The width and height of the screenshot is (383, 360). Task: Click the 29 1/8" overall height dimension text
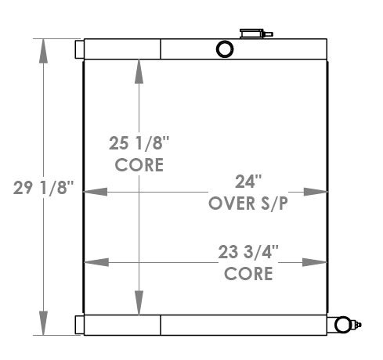pyautogui.click(x=44, y=188)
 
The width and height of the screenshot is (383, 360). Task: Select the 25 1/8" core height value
pyautogui.click(x=139, y=144)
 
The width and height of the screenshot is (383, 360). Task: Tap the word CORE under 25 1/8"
pyautogui.click(x=139, y=164)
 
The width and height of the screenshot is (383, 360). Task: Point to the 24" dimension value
pyautogui.click(x=247, y=181)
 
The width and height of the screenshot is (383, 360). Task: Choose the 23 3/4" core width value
pyautogui.click(x=248, y=252)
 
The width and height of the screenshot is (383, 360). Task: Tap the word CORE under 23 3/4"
pyautogui.click(x=248, y=273)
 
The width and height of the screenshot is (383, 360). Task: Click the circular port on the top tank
pyautogui.click(x=225, y=49)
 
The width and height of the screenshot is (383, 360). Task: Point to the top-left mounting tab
pyautogui.click(x=79, y=49)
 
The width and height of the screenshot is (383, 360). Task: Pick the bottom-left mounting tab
pyautogui.click(x=79, y=325)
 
